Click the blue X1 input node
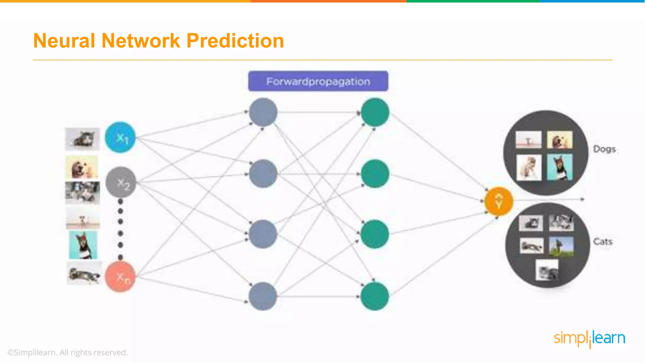(120, 137)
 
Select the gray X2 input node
(121, 182)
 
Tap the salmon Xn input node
(120, 277)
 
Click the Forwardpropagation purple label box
(318, 81)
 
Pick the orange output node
(499, 201)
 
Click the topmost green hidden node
(375, 112)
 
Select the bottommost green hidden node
(375, 296)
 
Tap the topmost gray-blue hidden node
(263, 112)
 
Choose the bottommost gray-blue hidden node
(263, 296)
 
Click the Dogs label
(604, 149)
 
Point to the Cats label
(603, 242)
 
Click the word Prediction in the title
(235, 41)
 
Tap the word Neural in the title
(64, 41)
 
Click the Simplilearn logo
(589, 338)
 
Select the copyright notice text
(67, 352)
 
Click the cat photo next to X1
(82, 139)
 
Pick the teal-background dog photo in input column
(83, 245)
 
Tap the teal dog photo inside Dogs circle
(560, 167)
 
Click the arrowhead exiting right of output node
(583, 199)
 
